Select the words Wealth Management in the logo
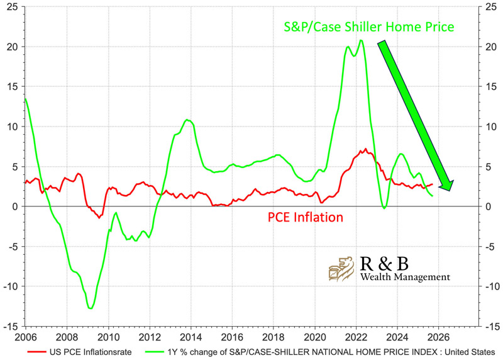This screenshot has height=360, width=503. [405, 276]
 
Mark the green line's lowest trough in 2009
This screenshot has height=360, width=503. [91, 308]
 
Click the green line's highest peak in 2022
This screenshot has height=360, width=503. [360, 40]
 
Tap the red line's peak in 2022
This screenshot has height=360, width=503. [365, 149]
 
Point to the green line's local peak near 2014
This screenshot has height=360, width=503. [187, 120]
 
